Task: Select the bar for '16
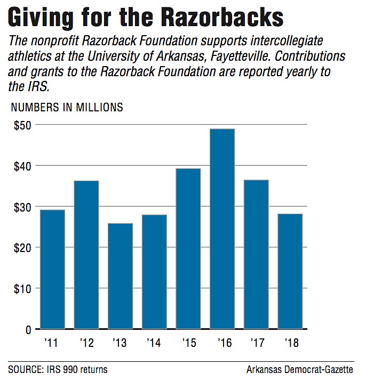tap(222, 229)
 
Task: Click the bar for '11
tap(52, 269)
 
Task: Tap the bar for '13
tap(120, 275)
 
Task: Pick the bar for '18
tap(290, 271)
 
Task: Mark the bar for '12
tap(86, 255)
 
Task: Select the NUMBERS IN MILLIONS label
tap(67, 108)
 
